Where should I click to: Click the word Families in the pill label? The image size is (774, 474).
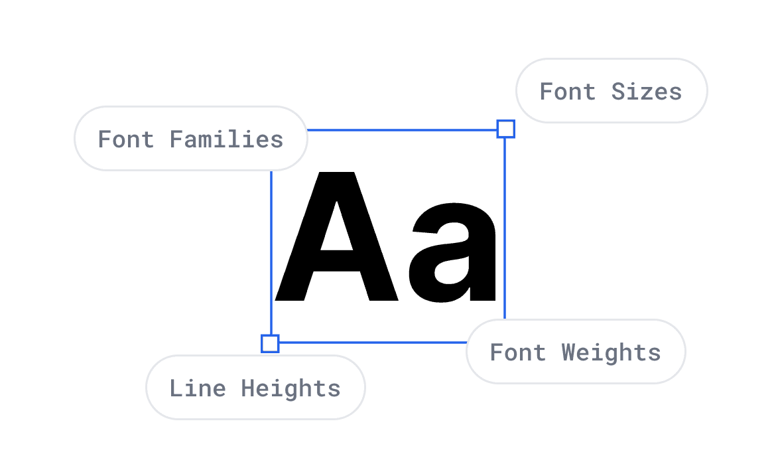click(x=227, y=139)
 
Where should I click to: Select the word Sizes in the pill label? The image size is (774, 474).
click(x=647, y=92)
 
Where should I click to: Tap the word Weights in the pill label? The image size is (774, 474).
click(x=611, y=353)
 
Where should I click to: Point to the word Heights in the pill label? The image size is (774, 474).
click(x=290, y=388)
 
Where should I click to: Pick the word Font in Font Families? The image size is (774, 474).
click(x=126, y=139)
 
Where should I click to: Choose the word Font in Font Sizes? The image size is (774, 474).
click(x=568, y=92)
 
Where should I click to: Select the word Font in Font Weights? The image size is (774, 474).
click(x=517, y=353)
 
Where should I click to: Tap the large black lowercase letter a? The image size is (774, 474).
click(x=453, y=259)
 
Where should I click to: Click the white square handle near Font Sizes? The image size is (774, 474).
click(x=506, y=129)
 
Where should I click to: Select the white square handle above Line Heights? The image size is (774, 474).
click(x=270, y=343)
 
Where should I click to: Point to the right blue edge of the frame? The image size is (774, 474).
click(x=505, y=226)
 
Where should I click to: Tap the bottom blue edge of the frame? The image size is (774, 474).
click(x=371, y=342)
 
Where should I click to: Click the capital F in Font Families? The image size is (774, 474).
click(x=105, y=139)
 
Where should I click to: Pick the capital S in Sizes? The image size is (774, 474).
click(x=617, y=92)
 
